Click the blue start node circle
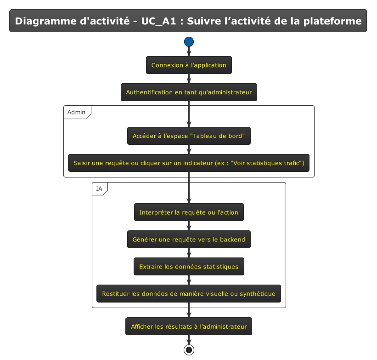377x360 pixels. click(x=189, y=42)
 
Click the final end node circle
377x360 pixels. click(x=189, y=350)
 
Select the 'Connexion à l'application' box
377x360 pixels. click(x=189, y=65)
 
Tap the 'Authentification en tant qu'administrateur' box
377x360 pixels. click(x=189, y=92)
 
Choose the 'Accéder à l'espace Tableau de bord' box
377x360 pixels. click(x=189, y=136)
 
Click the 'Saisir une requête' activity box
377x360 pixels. click(x=189, y=163)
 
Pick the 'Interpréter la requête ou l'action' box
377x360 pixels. click(x=189, y=212)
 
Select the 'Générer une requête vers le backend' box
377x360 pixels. click(x=189, y=240)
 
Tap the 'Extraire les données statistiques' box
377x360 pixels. click(x=189, y=267)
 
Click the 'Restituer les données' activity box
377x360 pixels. click(x=189, y=293)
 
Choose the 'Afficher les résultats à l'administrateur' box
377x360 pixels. click(x=189, y=326)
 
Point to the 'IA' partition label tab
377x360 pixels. click(x=99, y=189)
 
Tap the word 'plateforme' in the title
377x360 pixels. click(x=335, y=21)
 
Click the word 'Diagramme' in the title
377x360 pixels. click(x=43, y=21)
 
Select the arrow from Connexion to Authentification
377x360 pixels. click(x=189, y=79)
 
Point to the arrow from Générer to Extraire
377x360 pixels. click(x=189, y=253)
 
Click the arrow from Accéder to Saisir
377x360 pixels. click(x=189, y=150)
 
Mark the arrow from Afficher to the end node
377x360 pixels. click(x=189, y=340)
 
